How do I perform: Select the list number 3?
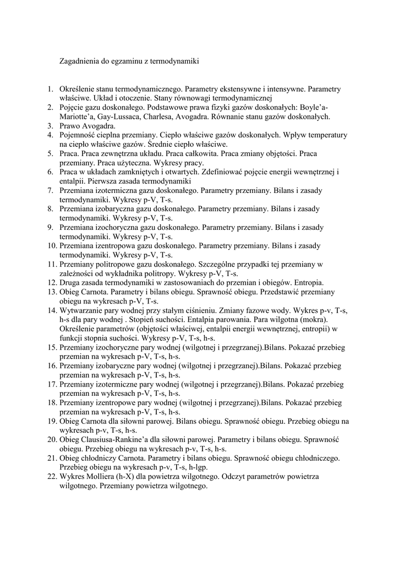50,126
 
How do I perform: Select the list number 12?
51,283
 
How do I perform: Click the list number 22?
51,477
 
